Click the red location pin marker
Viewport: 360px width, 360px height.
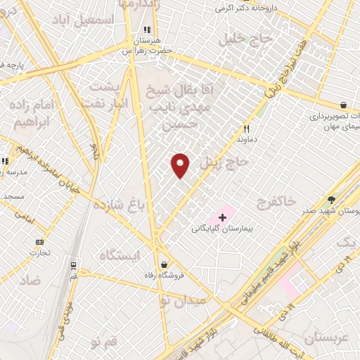(x=181, y=165)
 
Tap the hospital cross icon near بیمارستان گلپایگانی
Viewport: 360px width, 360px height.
(x=223, y=218)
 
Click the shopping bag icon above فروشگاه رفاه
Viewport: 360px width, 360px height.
(x=164, y=265)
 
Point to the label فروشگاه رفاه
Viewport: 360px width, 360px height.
(x=159, y=276)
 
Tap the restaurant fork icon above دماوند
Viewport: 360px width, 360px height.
(x=246, y=129)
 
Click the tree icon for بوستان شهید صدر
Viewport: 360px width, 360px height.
(x=331, y=200)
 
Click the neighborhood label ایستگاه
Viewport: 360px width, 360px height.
(x=120, y=255)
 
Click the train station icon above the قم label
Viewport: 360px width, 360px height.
(x=73, y=266)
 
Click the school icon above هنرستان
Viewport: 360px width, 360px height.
(x=147, y=30)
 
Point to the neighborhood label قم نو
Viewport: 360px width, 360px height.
(x=103, y=342)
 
